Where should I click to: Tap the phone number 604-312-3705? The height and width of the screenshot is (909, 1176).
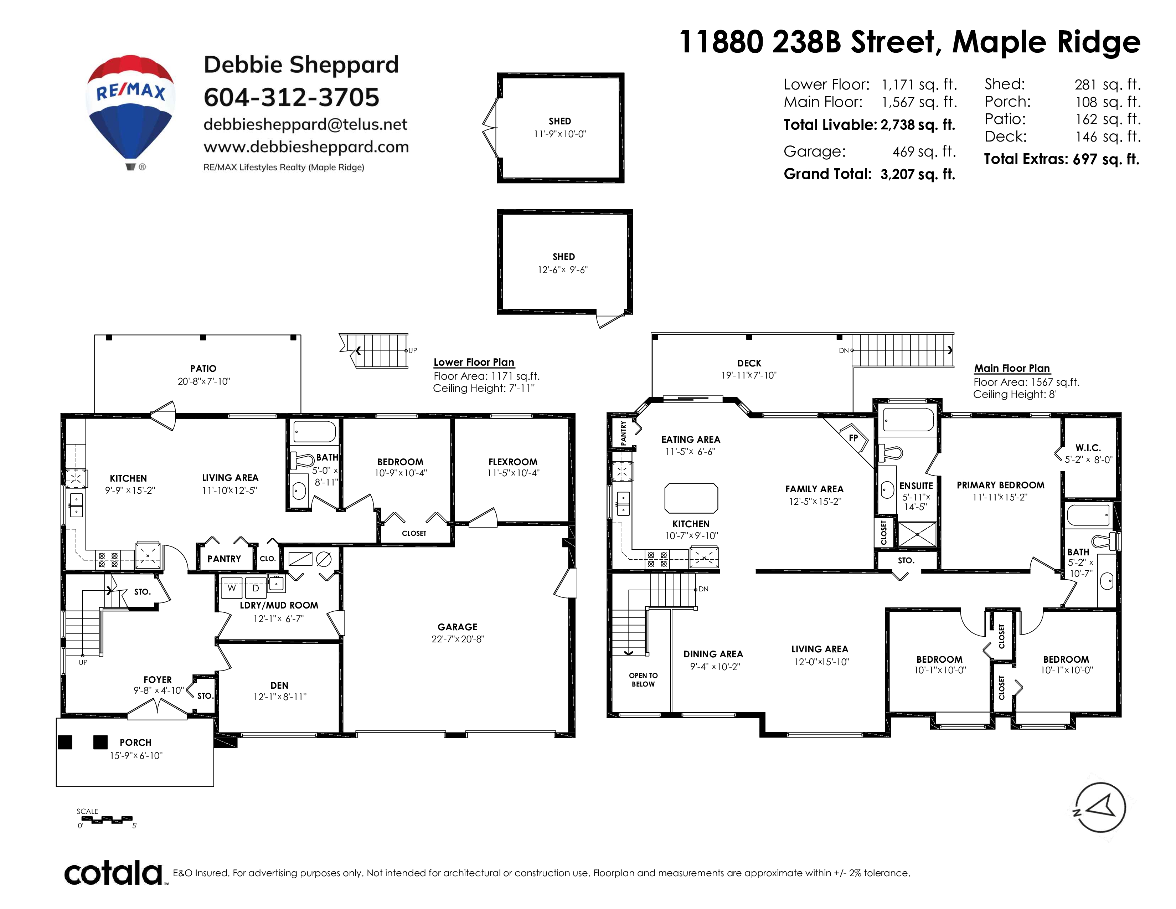[x=291, y=97]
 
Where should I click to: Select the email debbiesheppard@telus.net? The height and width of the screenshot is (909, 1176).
[x=305, y=124]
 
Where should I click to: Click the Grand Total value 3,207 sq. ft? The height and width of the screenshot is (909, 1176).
[x=918, y=174]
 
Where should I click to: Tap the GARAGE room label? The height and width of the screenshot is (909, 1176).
[x=458, y=627]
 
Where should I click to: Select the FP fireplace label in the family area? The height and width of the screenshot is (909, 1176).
[x=853, y=438]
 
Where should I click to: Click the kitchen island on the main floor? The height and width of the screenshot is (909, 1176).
[x=691, y=498]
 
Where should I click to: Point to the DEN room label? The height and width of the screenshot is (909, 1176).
[x=279, y=685]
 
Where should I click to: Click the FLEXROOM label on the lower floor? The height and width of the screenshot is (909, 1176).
[x=512, y=462]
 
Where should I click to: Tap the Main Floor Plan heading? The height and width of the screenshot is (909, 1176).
[x=1012, y=368]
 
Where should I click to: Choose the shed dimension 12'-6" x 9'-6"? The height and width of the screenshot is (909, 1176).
[x=563, y=270]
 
